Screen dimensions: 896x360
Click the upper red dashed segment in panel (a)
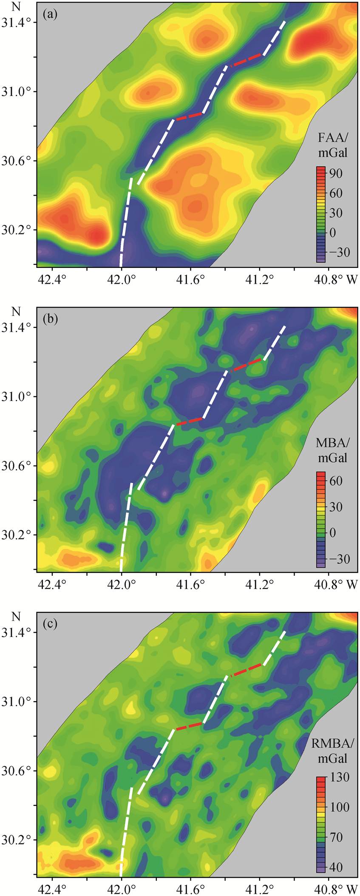tap(246, 60)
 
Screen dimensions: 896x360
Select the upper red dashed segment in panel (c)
tap(246, 670)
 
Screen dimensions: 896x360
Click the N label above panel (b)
tap(16, 312)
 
